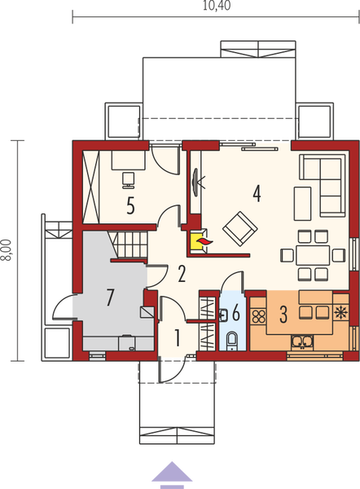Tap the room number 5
click(130, 205)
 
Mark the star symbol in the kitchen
click(339, 312)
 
